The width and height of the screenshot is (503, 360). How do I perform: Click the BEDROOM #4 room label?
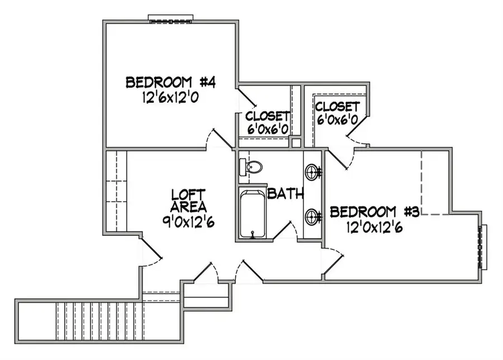click(170, 83)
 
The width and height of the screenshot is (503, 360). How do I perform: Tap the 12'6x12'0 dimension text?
click(170, 97)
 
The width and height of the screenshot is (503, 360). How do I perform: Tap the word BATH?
click(285, 195)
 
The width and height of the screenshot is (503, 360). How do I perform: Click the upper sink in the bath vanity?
click(312, 171)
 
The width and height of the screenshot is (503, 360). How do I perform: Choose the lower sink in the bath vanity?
click(312, 215)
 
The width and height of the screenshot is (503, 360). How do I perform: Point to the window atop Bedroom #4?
click(171, 18)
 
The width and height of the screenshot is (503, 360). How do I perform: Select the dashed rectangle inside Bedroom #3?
click(436, 181)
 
